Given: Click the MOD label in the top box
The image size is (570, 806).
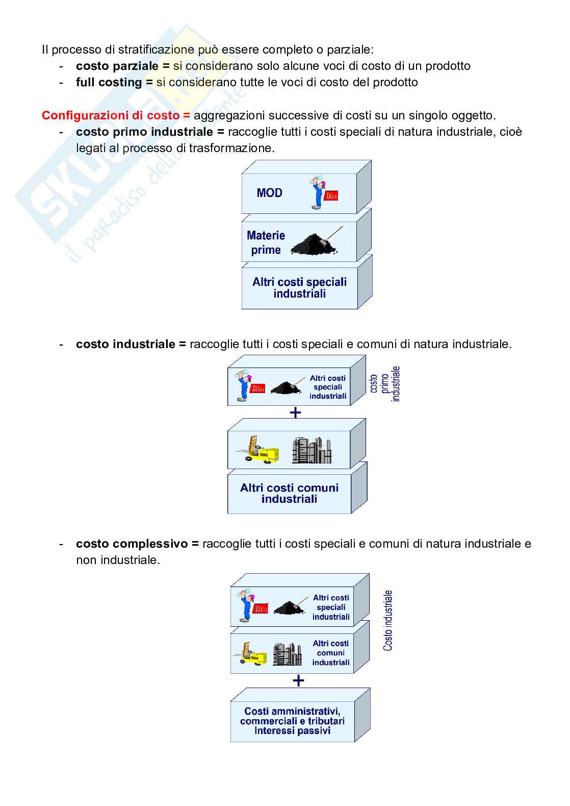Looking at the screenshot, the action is pyautogui.click(x=270, y=193).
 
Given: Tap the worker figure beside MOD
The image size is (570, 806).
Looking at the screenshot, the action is pyautogui.click(x=318, y=192).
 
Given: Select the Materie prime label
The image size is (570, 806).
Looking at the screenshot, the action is pyautogui.click(x=266, y=242).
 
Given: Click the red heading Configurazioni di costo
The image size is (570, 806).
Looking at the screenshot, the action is pyautogui.click(x=116, y=115).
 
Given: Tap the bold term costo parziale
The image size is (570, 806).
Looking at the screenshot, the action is pyautogui.click(x=117, y=66).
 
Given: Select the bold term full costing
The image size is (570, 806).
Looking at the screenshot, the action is pyautogui.click(x=109, y=82).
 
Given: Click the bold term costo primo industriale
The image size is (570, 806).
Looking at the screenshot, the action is pyautogui.click(x=144, y=132).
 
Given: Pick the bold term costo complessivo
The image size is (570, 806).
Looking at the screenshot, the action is pyautogui.click(x=132, y=543).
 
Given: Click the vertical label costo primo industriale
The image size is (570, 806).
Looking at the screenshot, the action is pyautogui.click(x=384, y=383).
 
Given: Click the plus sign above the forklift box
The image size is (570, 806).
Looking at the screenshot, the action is pyautogui.click(x=295, y=412).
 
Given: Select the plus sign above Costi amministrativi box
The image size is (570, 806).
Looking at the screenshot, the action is pyautogui.click(x=298, y=680).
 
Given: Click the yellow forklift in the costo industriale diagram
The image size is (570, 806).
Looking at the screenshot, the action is pyautogui.click(x=258, y=450).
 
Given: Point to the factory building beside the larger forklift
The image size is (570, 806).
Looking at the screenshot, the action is pyautogui.click(x=312, y=450).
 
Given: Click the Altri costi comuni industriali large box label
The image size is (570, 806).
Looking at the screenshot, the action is pyautogui.click(x=289, y=493).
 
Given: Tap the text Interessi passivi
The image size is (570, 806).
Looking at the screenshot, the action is pyautogui.click(x=293, y=730).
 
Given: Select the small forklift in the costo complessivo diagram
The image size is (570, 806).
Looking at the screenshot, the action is pyautogui.click(x=250, y=654).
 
